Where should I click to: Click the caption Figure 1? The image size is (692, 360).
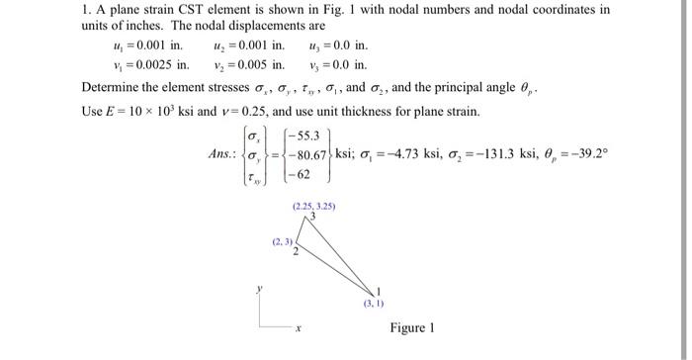click(412, 327)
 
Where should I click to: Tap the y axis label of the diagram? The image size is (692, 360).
click(260, 291)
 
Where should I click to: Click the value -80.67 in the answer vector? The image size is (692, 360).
click(312, 155)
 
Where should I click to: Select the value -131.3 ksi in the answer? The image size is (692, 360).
click(494, 155)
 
